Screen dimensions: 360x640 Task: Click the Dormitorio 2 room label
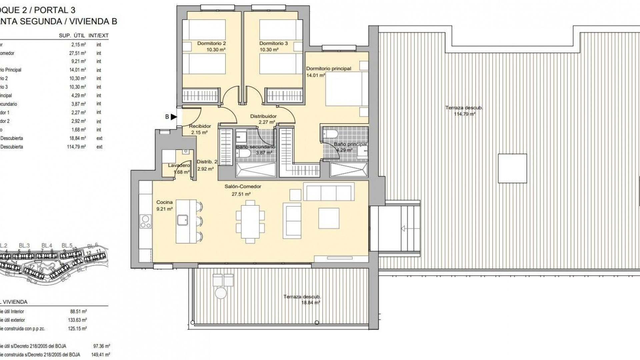point(211,43)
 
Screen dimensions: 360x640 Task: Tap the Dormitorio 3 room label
point(273,43)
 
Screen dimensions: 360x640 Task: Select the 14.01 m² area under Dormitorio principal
point(315,75)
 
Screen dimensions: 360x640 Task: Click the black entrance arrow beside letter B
point(174,117)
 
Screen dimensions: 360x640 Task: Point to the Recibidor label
point(200,126)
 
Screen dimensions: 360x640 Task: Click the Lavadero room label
point(179,165)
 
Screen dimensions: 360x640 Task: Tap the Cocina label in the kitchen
point(164,202)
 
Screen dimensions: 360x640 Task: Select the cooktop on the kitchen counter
point(146,222)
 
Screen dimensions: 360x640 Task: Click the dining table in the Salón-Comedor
point(250,221)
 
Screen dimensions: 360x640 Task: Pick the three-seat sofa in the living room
point(328,193)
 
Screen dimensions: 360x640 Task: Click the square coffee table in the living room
point(329,218)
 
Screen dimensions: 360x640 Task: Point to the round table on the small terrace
point(221,293)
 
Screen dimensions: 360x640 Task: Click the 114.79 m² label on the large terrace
point(464,114)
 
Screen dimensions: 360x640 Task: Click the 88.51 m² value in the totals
point(78,311)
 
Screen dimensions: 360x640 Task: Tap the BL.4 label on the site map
point(47,246)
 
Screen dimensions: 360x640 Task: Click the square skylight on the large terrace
point(512,168)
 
